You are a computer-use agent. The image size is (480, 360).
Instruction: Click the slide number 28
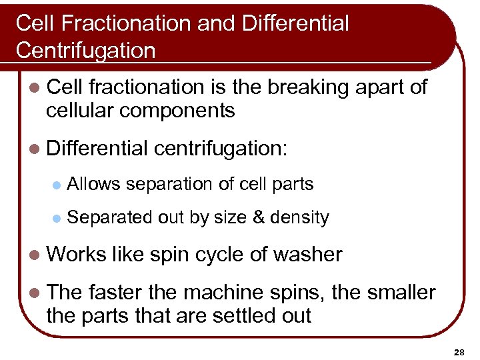(459, 351)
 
